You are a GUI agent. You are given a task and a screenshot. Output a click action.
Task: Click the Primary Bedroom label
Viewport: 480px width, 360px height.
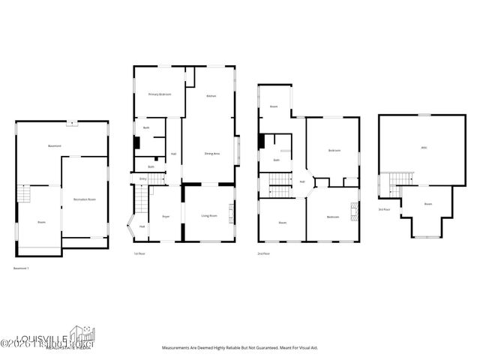pyautogui.click(x=158, y=94)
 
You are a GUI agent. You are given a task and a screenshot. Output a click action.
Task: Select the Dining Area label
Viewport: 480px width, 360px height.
pyautogui.click(x=211, y=154)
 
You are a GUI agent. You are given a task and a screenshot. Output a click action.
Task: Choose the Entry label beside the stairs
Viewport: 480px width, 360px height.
pyautogui.click(x=143, y=178)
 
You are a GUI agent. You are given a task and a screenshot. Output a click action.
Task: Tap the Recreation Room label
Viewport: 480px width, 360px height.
pyautogui.click(x=84, y=199)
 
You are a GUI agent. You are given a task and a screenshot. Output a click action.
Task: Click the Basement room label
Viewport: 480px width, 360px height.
pyautogui.click(x=55, y=145)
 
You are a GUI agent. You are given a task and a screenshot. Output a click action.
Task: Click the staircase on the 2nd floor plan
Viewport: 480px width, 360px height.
pyautogui.click(x=279, y=180)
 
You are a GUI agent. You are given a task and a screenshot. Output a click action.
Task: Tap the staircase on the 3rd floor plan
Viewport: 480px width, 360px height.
pyautogui.click(x=400, y=178)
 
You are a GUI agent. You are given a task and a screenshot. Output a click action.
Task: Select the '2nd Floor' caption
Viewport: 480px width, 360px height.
pyautogui.click(x=263, y=253)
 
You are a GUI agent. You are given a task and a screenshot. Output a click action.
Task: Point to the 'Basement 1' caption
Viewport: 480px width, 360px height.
pyautogui.click(x=22, y=268)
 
